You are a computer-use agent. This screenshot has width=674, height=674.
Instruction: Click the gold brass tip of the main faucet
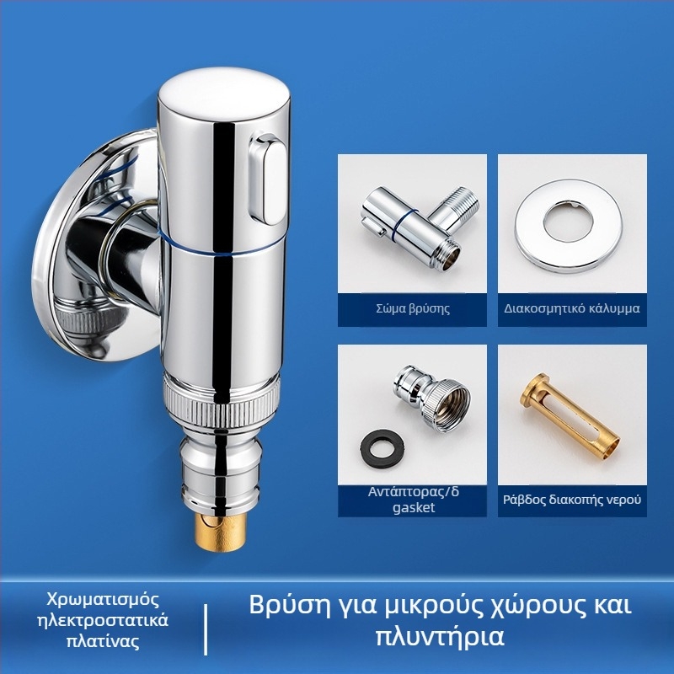point(221,532)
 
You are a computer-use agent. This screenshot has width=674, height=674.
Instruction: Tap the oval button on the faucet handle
point(267,180)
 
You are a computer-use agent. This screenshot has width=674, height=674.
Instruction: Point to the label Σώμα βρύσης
point(413,308)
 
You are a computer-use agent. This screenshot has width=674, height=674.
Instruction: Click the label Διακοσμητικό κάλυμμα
point(572,308)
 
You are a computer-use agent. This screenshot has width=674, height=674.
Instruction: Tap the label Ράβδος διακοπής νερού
point(572,500)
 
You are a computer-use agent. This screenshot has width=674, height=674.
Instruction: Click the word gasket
point(414,508)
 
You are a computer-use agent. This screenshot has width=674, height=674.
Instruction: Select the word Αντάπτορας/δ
point(414,492)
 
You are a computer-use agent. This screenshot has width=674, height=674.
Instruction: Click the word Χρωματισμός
point(103,599)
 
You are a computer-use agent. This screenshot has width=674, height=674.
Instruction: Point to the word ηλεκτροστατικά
point(103,620)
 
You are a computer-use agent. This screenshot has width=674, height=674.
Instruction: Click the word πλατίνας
point(103,641)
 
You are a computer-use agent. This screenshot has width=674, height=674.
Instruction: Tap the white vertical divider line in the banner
point(206,629)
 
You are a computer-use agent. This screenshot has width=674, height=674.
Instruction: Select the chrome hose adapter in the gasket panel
point(432,398)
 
